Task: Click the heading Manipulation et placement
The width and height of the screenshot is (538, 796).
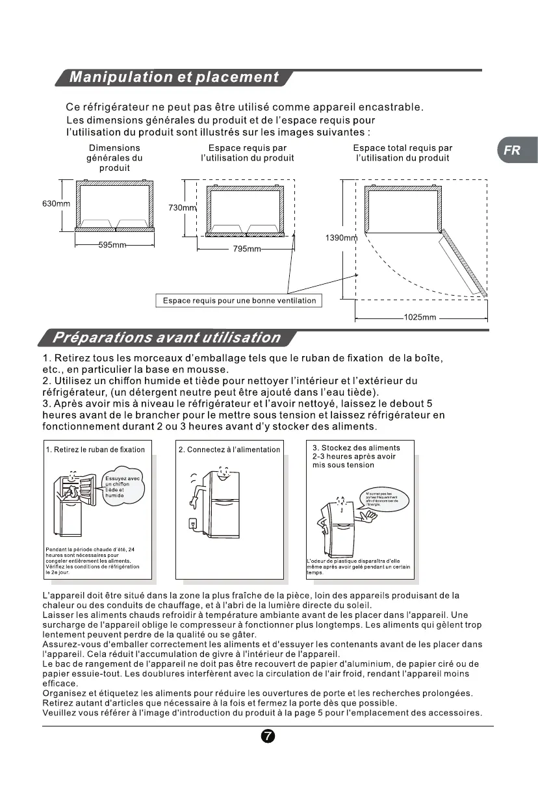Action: click(173, 77)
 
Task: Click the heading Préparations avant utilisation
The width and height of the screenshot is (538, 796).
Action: click(166, 338)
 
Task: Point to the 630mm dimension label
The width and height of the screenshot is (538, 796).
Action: click(57, 204)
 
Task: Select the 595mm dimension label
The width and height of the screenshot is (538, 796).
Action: click(112, 245)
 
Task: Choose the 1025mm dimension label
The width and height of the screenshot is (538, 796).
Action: click(420, 317)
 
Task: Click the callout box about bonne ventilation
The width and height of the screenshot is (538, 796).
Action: click(239, 301)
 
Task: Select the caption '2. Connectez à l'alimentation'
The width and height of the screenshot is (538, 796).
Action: click(229, 449)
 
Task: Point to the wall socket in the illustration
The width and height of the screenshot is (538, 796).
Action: click(192, 523)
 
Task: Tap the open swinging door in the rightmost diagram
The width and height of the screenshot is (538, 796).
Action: click(464, 262)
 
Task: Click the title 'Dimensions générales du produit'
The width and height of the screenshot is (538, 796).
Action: click(114, 158)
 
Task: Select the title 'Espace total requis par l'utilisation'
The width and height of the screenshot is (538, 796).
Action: click(403, 153)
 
